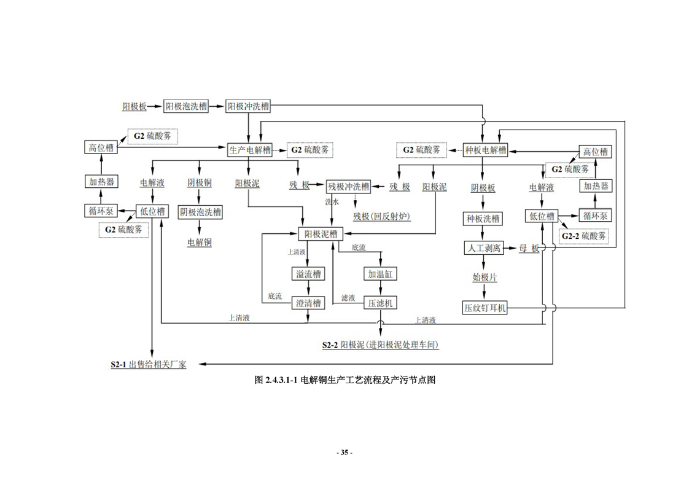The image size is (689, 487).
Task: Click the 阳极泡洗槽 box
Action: point(186,106)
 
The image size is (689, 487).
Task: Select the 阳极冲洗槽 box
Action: point(248,106)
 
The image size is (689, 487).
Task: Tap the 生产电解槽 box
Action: point(250,150)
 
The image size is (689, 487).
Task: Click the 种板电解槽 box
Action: point(486,150)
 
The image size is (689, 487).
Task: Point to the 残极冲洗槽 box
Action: point(349,187)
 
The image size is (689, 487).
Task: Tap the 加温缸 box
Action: point(381,274)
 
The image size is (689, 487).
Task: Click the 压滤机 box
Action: point(381,303)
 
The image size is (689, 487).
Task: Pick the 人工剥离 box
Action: point(483,248)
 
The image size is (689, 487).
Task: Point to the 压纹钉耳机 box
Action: point(485,308)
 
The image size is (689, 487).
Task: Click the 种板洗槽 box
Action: point(483,219)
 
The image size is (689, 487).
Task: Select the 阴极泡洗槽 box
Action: point(200,212)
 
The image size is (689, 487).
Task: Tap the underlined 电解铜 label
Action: point(200,243)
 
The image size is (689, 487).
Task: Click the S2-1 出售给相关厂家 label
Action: point(148,364)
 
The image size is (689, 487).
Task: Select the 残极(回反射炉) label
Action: point(381,216)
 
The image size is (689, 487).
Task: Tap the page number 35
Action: point(344,453)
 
